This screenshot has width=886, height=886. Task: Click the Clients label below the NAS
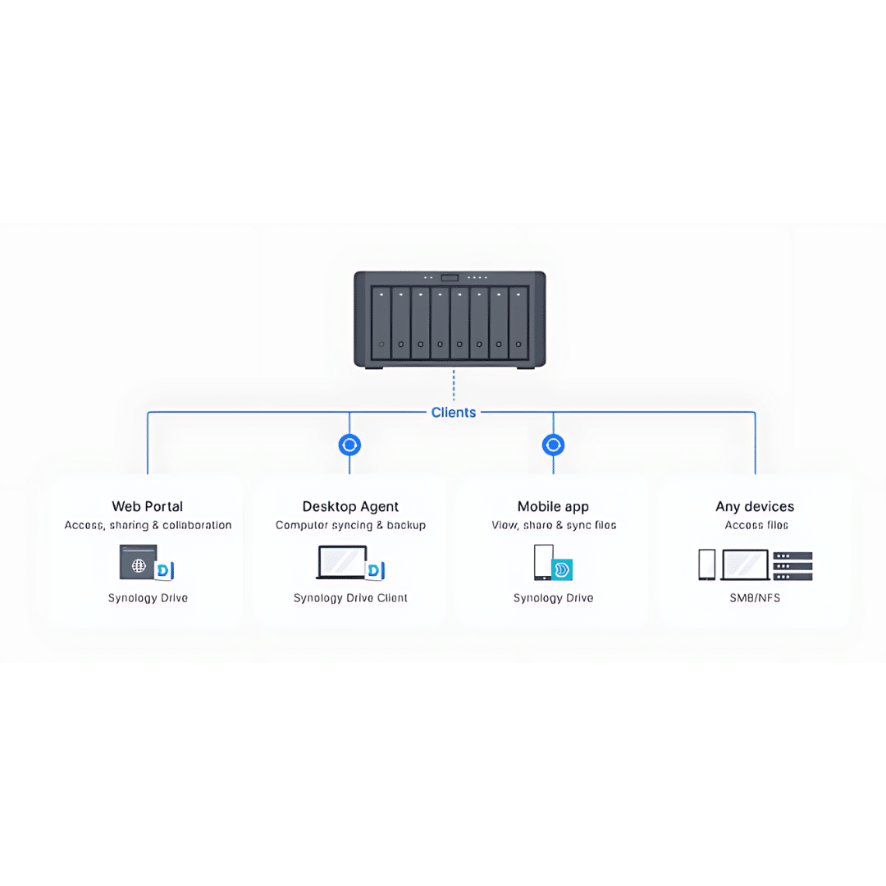click(x=453, y=413)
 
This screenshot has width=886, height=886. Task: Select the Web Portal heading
click(x=148, y=506)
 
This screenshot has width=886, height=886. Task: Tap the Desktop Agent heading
click(x=350, y=506)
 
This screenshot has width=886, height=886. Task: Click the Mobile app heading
click(x=553, y=506)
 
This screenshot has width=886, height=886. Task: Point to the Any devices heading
click(x=755, y=506)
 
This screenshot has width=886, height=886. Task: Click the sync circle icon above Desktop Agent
click(x=349, y=445)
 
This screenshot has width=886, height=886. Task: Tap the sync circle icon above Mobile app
click(x=554, y=445)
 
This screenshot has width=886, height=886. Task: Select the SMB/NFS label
click(x=755, y=598)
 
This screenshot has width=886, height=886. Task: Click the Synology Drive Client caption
click(x=350, y=598)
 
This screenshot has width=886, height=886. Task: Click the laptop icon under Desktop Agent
click(x=342, y=563)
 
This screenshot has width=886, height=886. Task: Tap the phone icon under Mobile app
click(x=542, y=563)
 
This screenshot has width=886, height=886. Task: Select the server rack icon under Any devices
click(x=792, y=565)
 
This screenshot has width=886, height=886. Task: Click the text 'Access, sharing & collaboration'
click(x=148, y=525)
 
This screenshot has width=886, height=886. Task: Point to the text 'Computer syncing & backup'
click(x=350, y=525)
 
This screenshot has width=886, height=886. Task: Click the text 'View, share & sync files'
click(x=554, y=525)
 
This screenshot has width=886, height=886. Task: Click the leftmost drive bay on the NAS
click(x=381, y=322)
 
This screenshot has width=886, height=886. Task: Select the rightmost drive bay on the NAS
click(x=518, y=322)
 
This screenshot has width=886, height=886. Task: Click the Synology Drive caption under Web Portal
click(x=148, y=598)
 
